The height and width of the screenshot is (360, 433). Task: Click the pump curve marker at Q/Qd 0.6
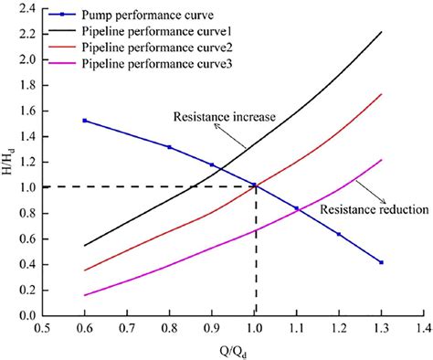pos(85,121)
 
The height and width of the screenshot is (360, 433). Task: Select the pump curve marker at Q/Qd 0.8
pos(169,146)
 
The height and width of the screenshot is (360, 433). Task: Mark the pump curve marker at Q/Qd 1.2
pos(339,235)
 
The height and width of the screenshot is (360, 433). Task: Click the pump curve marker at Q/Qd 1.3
pos(381,262)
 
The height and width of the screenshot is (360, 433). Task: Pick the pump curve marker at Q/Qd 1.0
pos(254,186)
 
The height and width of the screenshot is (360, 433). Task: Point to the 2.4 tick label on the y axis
pos(26,9)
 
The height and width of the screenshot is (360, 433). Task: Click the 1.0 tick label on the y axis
pos(26,187)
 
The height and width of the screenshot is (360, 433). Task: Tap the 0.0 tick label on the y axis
pos(26,315)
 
